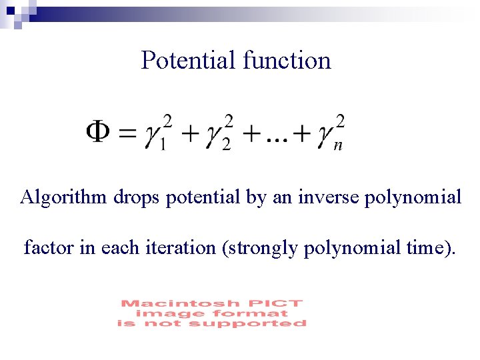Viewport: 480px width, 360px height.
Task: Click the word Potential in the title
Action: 189,61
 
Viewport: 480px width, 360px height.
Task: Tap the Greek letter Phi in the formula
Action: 99,133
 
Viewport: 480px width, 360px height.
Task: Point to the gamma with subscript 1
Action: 156,137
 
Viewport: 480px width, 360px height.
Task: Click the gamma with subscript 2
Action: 215,137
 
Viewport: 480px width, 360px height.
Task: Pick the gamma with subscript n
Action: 327,137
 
